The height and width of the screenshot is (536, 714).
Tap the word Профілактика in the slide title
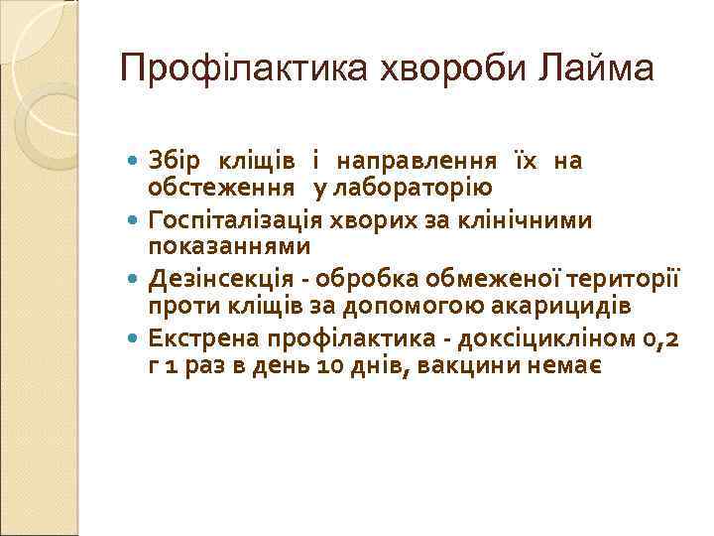(x=241, y=68)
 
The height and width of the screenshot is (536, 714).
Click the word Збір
(x=175, y=160)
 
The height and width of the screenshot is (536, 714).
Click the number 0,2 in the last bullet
(x=660, y=338)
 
